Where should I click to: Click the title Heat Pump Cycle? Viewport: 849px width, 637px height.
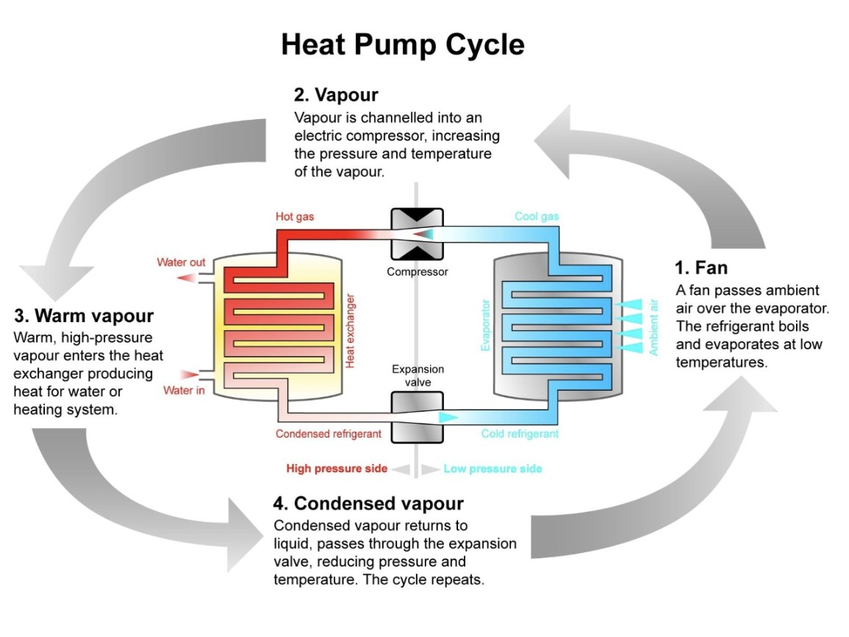coord(403,45)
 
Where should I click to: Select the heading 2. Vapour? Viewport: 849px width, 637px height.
coord(336,95)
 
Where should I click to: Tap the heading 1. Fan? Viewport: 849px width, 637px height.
coord(701,266)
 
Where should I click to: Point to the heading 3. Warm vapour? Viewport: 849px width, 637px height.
coord(84,316)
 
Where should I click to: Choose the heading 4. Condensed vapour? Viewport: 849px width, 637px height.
coord(368,503)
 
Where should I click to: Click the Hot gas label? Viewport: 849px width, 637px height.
coord(294,216)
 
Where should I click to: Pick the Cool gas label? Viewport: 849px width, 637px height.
coord(536,216)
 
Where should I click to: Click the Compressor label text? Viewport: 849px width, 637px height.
coord(417,272)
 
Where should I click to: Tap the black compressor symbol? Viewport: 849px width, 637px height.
coord(417,234)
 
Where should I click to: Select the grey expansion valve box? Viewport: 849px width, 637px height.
coord(417,416)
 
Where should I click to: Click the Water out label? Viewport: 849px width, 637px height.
coord(180,263)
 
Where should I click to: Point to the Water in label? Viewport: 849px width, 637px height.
coord(183,390)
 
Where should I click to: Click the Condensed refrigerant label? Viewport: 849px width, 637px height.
coord(328,434)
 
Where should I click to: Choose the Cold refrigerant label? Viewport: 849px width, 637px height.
coord(520,434)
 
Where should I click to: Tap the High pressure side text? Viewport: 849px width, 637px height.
coord(337,469)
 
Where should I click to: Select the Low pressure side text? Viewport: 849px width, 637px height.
coord(493,469)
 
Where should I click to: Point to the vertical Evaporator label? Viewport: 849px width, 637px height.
coord(485,324)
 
